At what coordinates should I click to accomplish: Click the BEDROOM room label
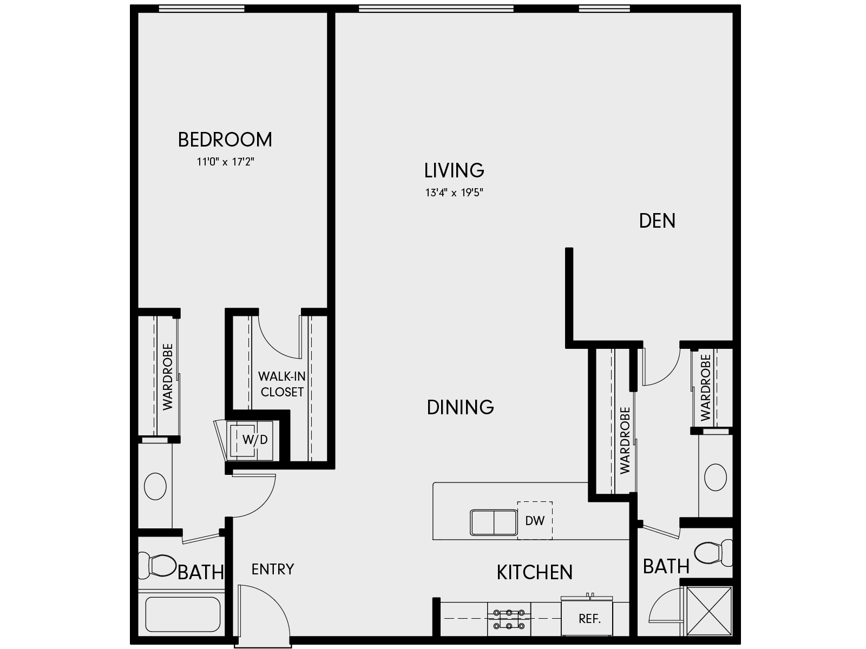tap(225, 140)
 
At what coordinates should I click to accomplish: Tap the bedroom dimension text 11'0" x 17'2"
tap(225, 161)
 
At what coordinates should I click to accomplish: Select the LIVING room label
tap(454, 170)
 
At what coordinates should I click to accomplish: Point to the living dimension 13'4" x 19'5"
tap(454, 193)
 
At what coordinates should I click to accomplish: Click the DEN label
tap(657, 221)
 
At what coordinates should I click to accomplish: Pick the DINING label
tap(460, 407)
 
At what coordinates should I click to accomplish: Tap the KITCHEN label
tap(534, 572)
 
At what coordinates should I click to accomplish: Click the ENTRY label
tap(273, 569)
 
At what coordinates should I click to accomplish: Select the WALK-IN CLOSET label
tap(281, 383)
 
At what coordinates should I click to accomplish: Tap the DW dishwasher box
tap(535, 520)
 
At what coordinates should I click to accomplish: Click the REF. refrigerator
tap(589, 618)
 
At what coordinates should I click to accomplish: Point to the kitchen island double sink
tap(494, 522)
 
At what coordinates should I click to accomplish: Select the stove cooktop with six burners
tap(508, 619)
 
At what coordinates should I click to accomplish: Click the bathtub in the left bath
tap(183, 614)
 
